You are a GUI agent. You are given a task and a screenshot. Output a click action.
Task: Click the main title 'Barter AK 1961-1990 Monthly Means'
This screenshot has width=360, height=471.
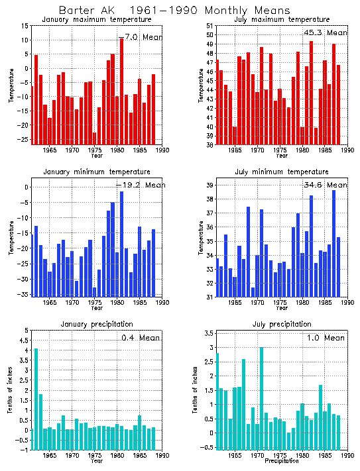pos(174,11)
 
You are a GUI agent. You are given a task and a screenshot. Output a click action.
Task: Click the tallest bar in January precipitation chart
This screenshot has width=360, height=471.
pos(36,397)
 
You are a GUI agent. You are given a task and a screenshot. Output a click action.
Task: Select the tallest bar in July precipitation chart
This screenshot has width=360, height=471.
pos(261,391)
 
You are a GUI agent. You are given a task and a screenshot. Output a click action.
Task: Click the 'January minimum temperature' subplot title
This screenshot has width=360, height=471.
pos(97,172)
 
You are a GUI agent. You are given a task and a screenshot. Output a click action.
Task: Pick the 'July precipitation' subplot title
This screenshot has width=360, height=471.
pos(282,325)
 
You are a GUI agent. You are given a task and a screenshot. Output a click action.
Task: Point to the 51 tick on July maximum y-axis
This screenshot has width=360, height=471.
pos(209,26)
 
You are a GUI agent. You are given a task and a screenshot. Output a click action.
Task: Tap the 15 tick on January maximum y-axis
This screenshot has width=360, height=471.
pos(24,26)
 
